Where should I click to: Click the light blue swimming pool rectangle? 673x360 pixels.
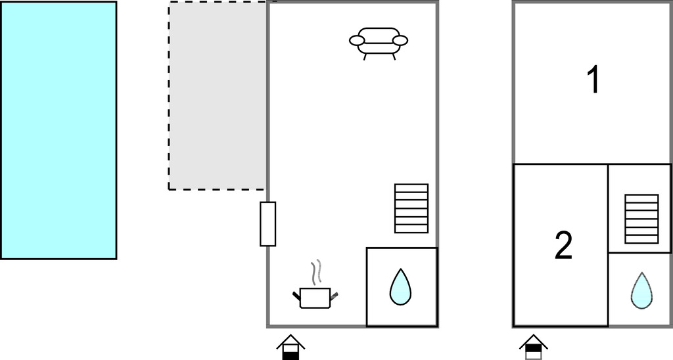point(58,130)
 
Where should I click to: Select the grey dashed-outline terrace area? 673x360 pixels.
point(218,96)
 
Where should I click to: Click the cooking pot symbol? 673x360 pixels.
point(315,298)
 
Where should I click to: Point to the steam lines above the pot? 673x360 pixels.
point(317,272)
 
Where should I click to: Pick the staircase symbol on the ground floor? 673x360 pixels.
point(411,208)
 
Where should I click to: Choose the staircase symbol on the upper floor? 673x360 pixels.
point(641,219)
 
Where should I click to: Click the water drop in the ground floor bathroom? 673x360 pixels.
point(400,288)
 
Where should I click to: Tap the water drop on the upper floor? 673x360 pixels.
point(641,290)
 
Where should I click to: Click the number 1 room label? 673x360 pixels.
point(593,80)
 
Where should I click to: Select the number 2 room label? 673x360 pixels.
point(563,245)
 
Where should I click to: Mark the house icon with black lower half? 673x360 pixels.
point(290,347)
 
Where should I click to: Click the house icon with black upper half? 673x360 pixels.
point(533,347)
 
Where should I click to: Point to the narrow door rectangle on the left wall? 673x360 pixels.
point(267,224)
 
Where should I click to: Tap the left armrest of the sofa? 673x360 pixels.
point(357,41)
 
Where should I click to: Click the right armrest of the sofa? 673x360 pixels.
point(400,41)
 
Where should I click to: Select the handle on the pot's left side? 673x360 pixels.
point(296,294)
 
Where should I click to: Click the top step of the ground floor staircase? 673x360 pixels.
point(411,188)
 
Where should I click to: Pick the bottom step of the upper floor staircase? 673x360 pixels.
point(641,240)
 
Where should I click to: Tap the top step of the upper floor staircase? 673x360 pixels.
point(641,198)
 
